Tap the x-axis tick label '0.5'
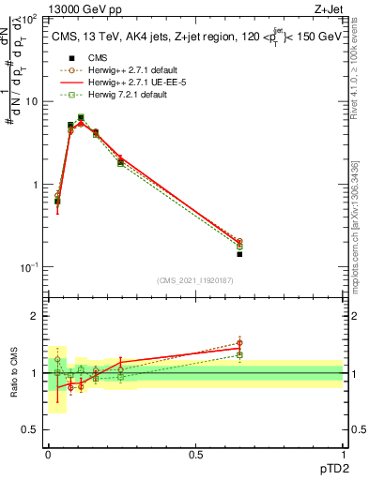point(195,455)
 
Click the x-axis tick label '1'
point(343,455)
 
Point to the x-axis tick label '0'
point(48,455)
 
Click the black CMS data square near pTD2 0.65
point(239,254)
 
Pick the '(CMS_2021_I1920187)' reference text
point(195,280)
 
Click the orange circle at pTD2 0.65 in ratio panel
point(239,343)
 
